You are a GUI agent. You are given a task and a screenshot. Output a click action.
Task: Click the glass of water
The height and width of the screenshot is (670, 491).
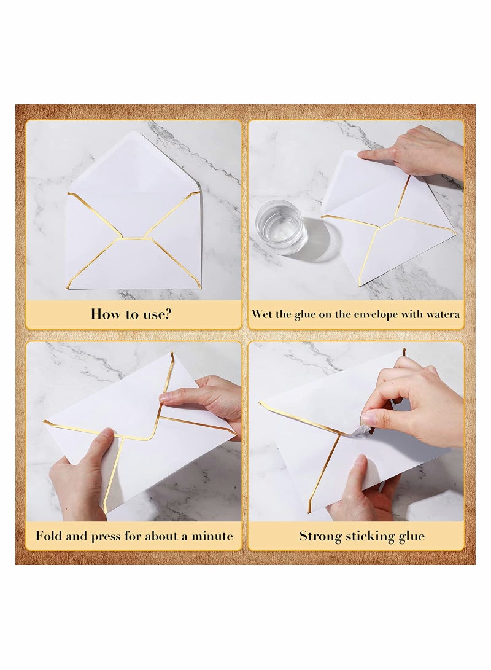point(281,226)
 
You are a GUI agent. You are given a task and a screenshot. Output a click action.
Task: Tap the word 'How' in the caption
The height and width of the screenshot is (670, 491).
point(104,314)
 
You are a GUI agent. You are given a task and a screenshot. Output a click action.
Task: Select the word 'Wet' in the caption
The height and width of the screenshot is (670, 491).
point(262,314)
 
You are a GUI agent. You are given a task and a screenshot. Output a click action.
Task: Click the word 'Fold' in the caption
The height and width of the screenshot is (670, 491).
point(48,536)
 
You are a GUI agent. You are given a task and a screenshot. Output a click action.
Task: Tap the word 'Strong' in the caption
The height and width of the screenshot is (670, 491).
point(319,536)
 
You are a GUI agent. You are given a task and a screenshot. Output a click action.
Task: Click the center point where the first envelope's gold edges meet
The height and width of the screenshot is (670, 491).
point(133,238)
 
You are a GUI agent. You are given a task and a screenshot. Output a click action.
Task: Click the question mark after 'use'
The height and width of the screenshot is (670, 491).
point(168,314)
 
